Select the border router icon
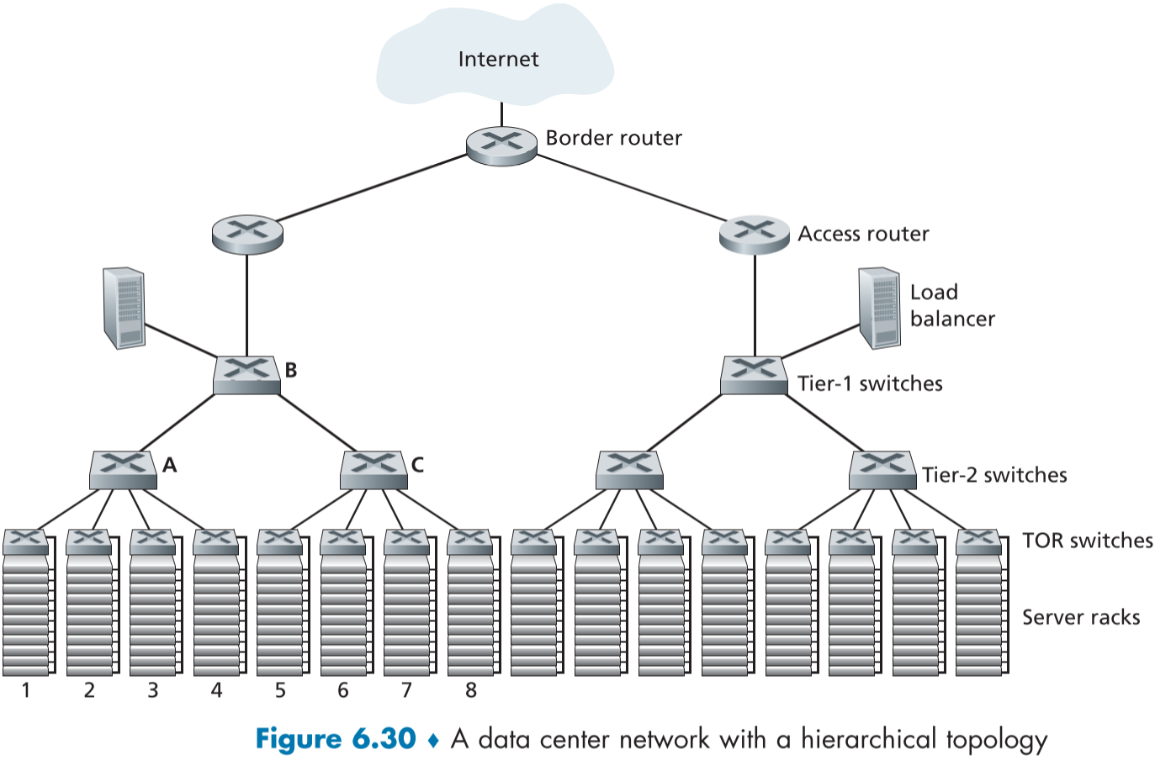coord(501,145)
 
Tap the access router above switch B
coord(247,233)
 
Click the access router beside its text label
coord(755,234)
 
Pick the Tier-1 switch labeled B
coord(246,374)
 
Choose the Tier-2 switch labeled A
coord(123,469)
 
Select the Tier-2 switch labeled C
coord(374,469)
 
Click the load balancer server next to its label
coord(880,308)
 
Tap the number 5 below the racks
coord(280,691)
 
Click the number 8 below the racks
coord(471,691)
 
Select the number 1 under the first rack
coord(26,691)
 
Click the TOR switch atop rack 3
coord(152,541)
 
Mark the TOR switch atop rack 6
coord(343,541)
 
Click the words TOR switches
coord(1087,541)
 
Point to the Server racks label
coord(1081,617)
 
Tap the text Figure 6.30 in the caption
coord(336,739)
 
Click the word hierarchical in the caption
coord(868,739)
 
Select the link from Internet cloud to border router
coord(501,114)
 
